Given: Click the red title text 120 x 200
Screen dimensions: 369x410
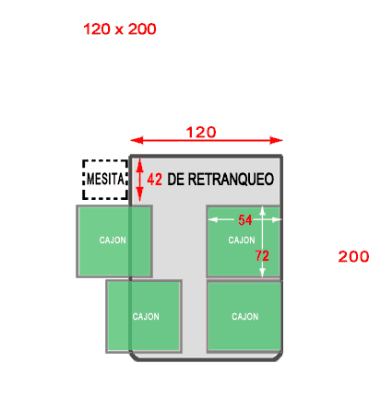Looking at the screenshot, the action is pyautogui.click(x=120, y=29).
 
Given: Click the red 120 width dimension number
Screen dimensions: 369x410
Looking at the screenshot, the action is pyautogui.click(x=201, y=133).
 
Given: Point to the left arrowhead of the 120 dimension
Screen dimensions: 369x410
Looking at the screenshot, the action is pyautogui.click(x=137, y=140).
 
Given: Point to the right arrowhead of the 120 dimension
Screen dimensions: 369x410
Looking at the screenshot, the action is pyautogui.click(x=276, y=140).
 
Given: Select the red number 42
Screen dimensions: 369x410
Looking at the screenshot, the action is pyautogui.click(x=154, y=180).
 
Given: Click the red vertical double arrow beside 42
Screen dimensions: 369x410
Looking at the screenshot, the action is pyautogui.click(x=140, y=180).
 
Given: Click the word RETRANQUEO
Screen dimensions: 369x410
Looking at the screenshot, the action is pyautogui.click(x=231, y=180).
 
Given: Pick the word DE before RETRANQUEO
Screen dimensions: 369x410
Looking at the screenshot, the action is pyautogui.click(x=176, y=180).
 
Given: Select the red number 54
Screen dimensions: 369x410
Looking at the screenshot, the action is pyautogui.click(x=245, y=220).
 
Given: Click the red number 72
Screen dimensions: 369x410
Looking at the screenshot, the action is pyautogui.click(x=262, y=255).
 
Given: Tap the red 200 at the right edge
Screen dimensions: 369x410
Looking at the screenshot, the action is pyautogui.click(x=353, y=256).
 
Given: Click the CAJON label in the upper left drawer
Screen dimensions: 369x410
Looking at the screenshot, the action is pyautogui.click(x=113, y=240).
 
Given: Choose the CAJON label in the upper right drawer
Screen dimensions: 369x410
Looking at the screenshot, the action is pyautogui.click(x=242, y=240).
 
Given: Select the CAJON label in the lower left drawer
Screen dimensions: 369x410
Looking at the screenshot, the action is pyautogui.click(x=146, y=316).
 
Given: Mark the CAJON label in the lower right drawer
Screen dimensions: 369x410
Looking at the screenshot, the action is pyautogui.click(x=245, y=316).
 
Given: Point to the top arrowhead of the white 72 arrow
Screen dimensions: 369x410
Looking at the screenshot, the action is pyautogui.click(x=262, y=210).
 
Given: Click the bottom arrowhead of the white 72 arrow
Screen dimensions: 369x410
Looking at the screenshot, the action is pyautogui.click(x=262, y=273).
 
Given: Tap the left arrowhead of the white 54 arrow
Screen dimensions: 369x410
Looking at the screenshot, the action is pyautogui.click(x=213, y=219).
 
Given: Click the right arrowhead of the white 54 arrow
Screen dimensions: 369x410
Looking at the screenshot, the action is pyautogui.click(x=277, y=219).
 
